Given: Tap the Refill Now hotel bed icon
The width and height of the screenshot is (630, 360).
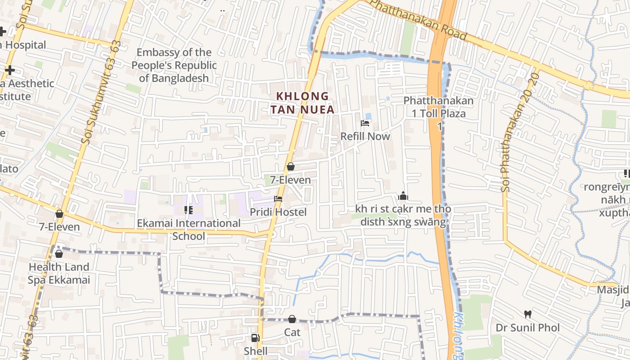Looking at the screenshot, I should click(365, 123).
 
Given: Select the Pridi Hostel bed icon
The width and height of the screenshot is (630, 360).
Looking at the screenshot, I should click(278, 198).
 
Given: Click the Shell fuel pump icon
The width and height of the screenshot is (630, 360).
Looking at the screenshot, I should click(255, 338).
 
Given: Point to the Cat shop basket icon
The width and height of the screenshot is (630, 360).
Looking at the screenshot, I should click(292, 319).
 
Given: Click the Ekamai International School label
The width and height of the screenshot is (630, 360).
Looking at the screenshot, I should click(189, 229).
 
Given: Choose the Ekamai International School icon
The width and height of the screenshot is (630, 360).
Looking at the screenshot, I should click(189, 210).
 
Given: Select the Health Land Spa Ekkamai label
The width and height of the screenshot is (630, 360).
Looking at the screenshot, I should click(59, 274).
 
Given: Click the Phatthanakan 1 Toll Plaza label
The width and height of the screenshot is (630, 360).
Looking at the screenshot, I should click(439, 107).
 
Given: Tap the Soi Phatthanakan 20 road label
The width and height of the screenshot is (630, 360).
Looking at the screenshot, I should click(519, 133).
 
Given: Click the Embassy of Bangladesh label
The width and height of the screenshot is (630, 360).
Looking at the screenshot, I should click(174, 65).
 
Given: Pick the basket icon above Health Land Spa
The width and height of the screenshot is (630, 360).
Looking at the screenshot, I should click(59, 254).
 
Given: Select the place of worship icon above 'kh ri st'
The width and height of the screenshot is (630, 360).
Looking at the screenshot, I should click(403, 196).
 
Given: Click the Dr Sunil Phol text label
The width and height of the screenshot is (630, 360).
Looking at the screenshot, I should click(528, 327).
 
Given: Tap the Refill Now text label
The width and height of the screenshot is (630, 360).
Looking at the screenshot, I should click(365, 136).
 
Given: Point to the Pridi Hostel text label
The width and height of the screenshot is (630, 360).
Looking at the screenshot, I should click(278, 212).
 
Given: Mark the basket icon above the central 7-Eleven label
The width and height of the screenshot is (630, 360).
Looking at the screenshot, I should click(291, 167).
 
